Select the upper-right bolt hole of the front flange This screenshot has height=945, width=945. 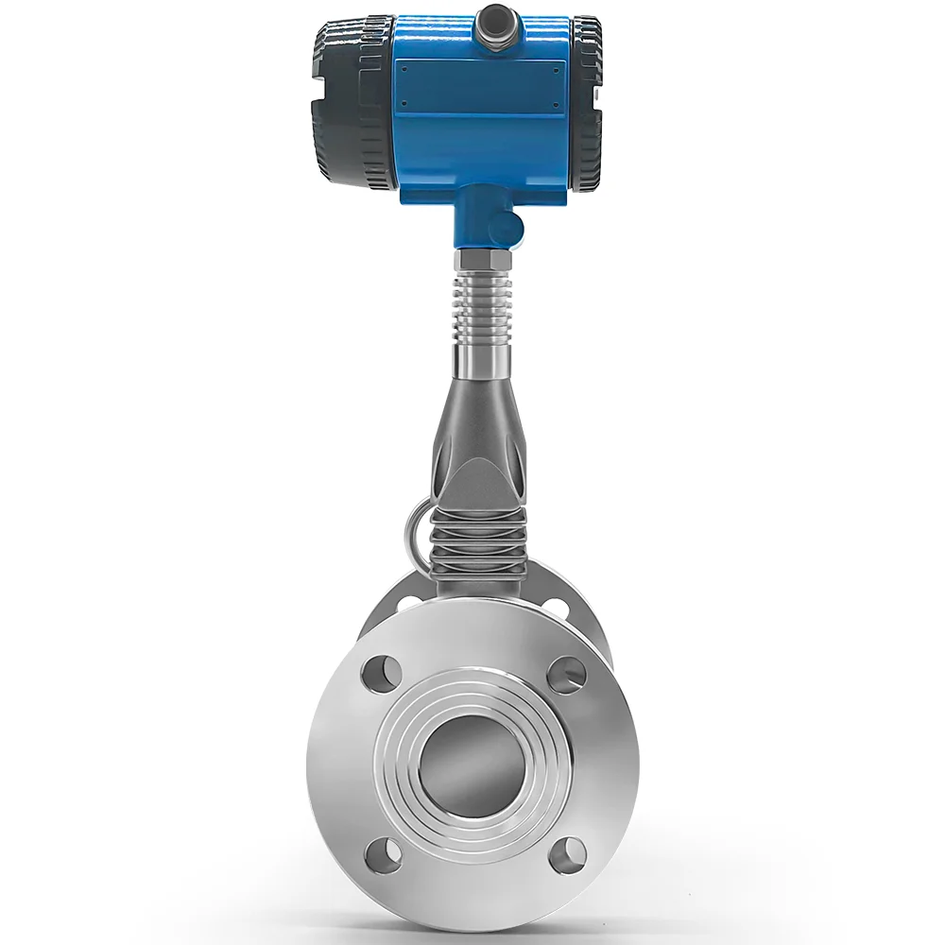tap(565, 673)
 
